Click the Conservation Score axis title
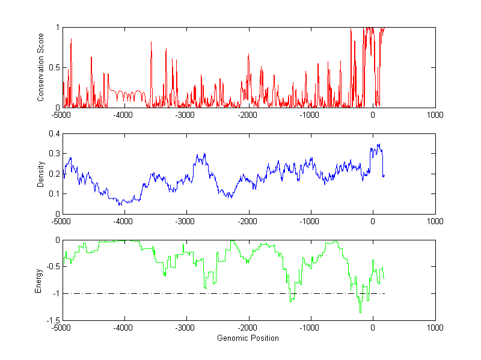(41, 67)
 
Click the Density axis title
(41, 174)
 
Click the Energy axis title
(38, 280)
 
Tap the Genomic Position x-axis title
(248, 338)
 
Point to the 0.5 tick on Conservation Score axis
(55, 67)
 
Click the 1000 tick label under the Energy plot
(435, 328)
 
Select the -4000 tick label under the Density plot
(124, 221)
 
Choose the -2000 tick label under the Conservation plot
(248, 115)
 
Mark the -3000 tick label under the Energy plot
(186, 328)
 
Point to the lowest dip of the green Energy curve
(361, 313)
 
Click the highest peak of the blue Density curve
(379, 144)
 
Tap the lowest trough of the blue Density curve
(120, 205)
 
